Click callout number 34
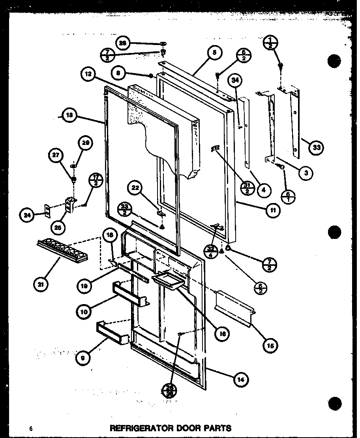(236, 82)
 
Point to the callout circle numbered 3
(306, 173)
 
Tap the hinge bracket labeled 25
(71, 205)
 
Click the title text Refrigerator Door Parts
(170, 428)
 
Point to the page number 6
(30, 428)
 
